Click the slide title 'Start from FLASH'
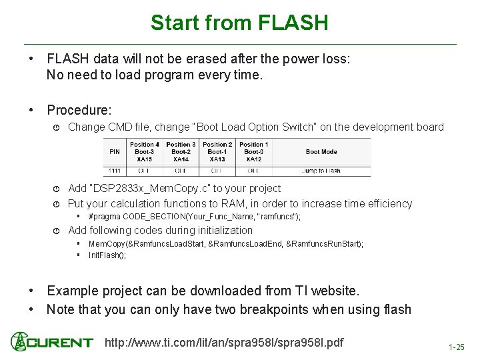point(239,23)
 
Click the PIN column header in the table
point(115,151)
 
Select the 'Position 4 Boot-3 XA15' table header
point(144,152)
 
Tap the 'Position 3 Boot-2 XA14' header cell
point(181,152)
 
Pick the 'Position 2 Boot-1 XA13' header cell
point(217,152)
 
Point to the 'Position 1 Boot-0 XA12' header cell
point(253,152)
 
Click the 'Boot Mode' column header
point(321,151)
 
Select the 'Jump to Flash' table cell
point(321,171)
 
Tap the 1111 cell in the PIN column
point(115,171)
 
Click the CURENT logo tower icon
point(19,342)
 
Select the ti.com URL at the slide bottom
point(225,343)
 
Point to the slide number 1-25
point(457,347)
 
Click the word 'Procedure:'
point(79,109)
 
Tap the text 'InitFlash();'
point(107,255)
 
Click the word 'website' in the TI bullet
point(332,291)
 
